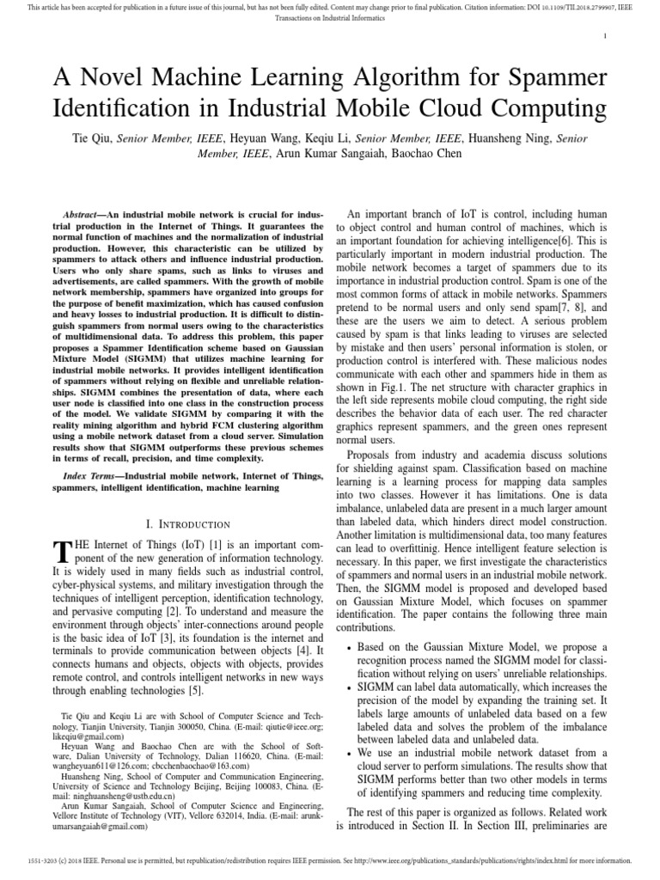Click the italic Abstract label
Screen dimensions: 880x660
(84, 212)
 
